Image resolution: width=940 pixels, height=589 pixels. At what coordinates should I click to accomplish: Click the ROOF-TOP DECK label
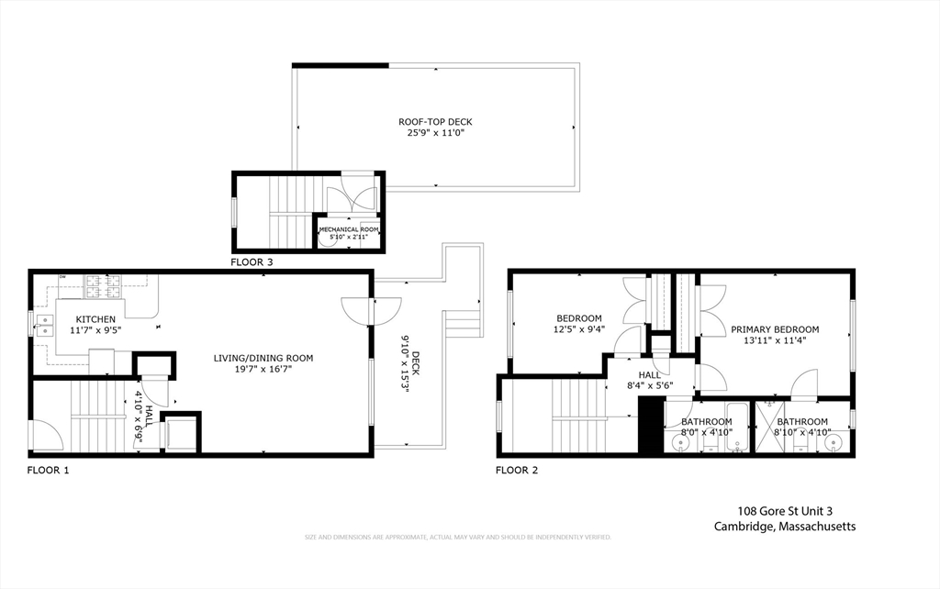435,121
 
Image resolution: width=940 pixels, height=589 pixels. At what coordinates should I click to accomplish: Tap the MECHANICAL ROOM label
352,229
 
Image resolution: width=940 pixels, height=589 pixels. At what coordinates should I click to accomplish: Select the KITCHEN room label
95,319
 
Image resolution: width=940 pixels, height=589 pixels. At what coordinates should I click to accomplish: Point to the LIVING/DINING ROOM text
263,358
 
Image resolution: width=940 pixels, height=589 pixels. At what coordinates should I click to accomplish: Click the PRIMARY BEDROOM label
775,329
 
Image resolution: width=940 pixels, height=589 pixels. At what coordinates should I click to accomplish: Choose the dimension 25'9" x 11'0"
435,133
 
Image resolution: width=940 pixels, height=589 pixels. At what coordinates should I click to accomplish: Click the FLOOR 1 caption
48,471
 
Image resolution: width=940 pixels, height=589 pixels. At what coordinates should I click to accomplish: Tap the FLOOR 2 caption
517,471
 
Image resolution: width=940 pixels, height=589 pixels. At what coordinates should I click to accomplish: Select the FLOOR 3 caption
252,262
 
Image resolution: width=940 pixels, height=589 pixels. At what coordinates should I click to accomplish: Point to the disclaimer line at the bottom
457,537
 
